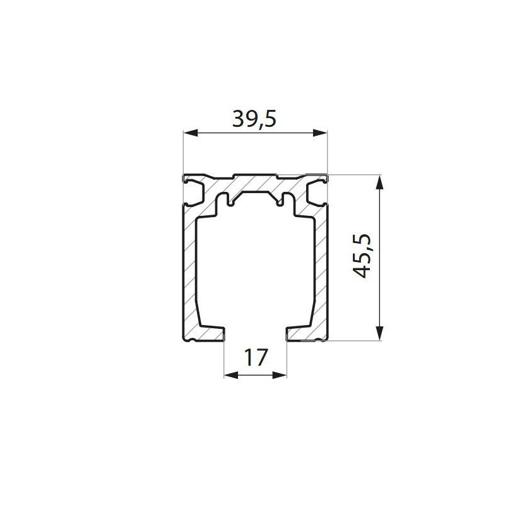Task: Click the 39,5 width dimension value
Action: pyautogui.click(x=254, y=119)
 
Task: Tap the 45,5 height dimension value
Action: pyautogui.click(x=362, y=256)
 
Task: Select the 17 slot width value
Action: pyautogui.click(x=256, y=357)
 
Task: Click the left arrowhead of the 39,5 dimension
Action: pyautogui.click(x=191, y=133)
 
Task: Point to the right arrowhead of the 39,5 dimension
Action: pyautogui.click(x=320, y=133)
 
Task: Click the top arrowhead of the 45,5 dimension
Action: pyautogui.click(x=381, y=182)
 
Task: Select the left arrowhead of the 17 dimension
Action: pyautogui.click(x=231, y=375)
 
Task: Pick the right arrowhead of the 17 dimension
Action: pyautogui.click(x=279, y=375)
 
